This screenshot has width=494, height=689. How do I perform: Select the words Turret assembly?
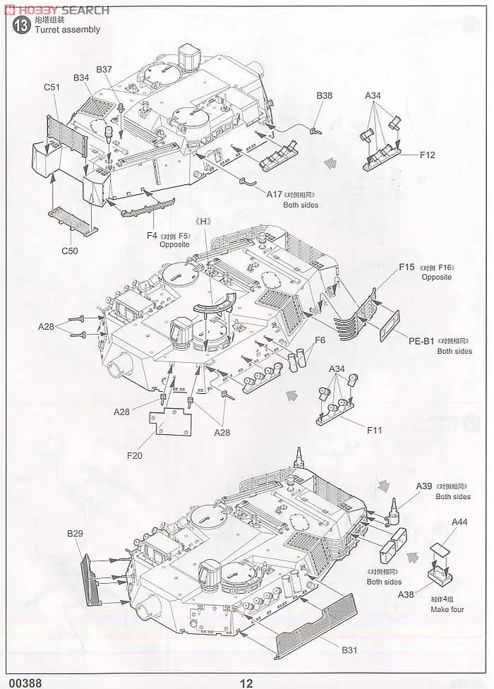(62, 30)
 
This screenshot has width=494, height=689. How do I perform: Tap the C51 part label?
(52, 87)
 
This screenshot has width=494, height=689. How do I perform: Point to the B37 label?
(104, 69)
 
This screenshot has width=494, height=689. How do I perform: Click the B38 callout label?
(324, 95)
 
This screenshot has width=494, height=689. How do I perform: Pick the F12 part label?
(427, 155)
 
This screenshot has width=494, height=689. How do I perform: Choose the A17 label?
(275, 194)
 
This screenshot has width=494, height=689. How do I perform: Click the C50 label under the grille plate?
(69, 250)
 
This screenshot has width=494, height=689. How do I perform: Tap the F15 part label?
(407, 267)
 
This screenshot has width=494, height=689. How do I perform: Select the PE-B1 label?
(421, 340)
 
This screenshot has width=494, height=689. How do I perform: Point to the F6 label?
(320, 340)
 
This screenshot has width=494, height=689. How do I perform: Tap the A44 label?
(460, 521)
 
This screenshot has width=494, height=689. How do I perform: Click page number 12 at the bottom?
(246, 683)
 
